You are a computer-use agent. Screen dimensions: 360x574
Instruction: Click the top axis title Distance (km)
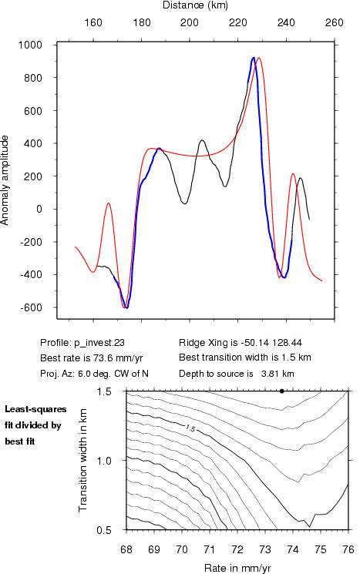point(195,5)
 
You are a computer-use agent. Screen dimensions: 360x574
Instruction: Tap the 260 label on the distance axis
point(334,22)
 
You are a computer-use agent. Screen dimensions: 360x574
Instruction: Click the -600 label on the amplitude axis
point(31,308)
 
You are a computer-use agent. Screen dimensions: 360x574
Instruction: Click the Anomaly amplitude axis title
point(5,180)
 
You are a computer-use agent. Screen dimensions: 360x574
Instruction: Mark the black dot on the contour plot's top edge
point(281,391)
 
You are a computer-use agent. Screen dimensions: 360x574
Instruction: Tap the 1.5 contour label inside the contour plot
point(190,428)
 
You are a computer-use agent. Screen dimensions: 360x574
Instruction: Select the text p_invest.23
point(99,343)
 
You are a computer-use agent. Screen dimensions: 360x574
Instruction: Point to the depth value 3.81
point(268,374)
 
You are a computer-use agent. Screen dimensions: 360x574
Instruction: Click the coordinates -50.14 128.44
point(271,343)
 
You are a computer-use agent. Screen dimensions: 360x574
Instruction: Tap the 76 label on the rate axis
point(348,549)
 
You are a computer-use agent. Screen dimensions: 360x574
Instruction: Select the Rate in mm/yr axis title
point(237,568)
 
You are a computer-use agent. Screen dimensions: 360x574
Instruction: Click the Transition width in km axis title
point(82,460)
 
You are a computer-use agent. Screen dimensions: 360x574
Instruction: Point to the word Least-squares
point(35,409)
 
